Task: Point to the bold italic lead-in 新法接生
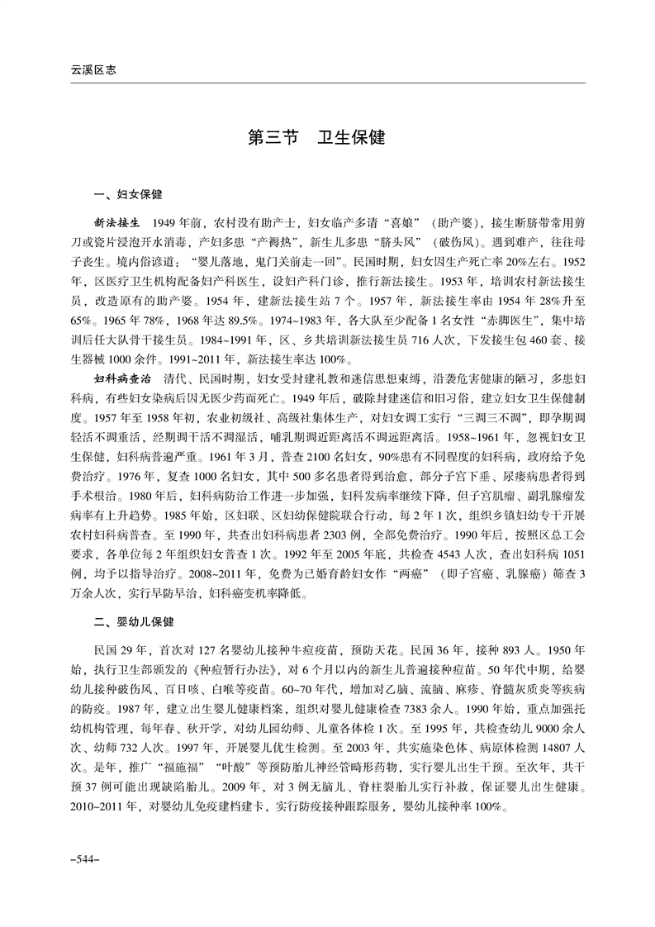[119, 224]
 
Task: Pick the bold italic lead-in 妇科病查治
[125, 378]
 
